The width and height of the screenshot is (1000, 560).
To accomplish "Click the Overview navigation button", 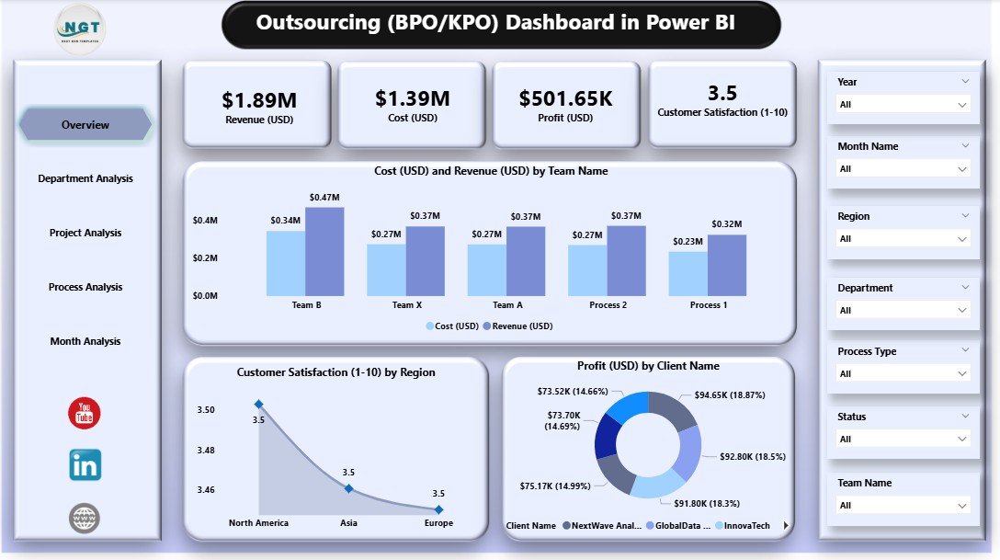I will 85,124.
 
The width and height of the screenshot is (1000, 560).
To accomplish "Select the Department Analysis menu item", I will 85,178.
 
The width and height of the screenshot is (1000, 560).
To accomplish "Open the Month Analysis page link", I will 85,341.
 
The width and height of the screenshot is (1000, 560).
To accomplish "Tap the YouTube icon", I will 85,414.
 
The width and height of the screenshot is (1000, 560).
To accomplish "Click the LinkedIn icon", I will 85,465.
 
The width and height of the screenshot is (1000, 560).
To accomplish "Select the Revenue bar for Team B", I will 324,251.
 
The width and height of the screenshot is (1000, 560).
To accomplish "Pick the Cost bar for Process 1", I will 687,273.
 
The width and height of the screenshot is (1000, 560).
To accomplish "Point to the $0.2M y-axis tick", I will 205,258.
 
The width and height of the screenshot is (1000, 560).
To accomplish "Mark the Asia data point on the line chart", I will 348,488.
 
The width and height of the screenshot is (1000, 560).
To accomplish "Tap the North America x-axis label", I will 258,523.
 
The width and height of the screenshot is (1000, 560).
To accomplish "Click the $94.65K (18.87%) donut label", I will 730,395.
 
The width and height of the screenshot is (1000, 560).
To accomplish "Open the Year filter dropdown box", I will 901,105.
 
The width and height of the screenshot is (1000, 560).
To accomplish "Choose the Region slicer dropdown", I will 901,239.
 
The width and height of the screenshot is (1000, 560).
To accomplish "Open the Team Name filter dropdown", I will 901,506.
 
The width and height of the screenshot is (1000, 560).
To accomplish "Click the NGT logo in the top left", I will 81,29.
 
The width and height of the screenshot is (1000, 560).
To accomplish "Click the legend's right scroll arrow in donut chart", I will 785,526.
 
